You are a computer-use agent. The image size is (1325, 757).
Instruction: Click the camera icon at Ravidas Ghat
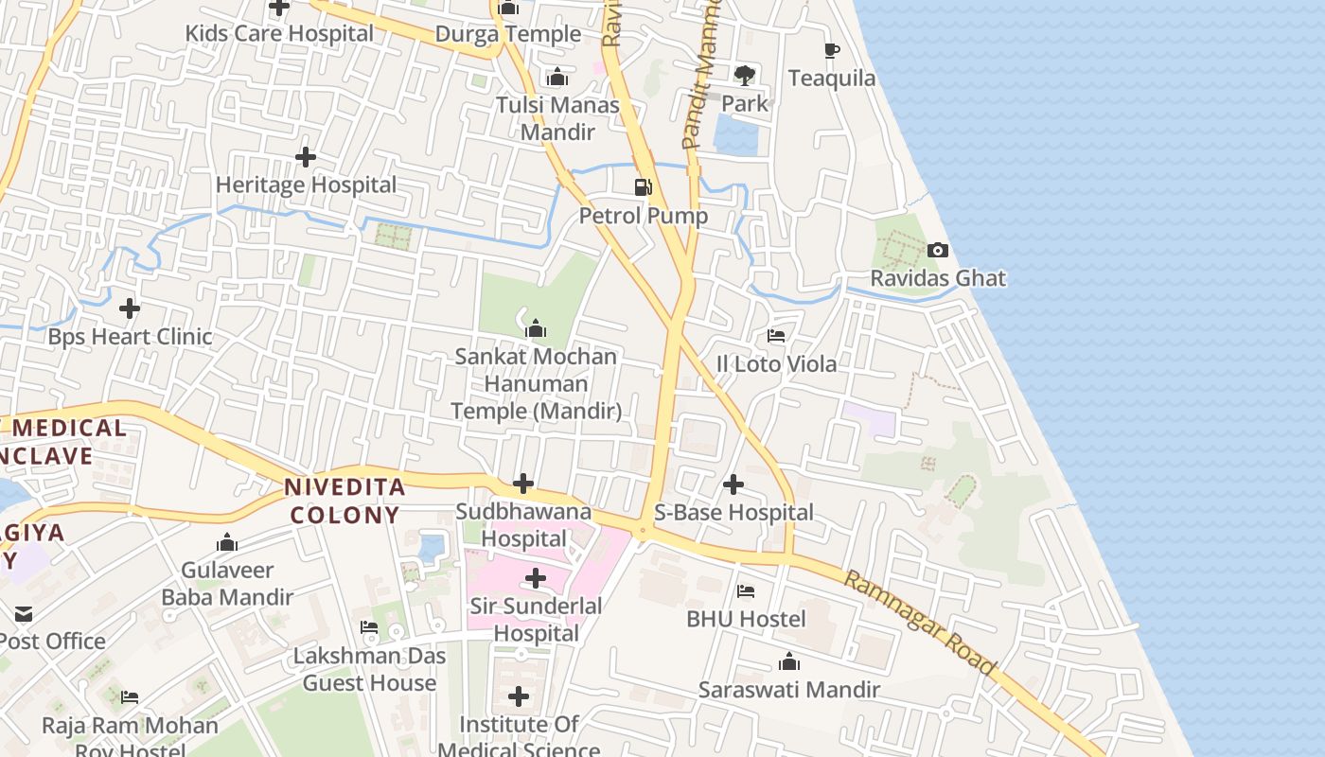938,251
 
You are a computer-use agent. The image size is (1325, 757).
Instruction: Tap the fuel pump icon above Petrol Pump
644,187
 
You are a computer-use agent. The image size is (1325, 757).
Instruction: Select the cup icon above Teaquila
831,50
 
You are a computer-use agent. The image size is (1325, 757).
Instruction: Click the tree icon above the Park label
745,75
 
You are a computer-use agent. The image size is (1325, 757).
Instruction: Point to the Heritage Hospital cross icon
306,157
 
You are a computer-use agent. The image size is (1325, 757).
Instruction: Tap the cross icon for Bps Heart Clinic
130,308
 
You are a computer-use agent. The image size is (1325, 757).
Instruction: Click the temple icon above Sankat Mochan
536,328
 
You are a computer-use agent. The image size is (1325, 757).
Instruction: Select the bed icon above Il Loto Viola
776,336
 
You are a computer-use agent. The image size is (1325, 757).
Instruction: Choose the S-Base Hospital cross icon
733,484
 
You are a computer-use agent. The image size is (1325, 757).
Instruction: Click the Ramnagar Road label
920,622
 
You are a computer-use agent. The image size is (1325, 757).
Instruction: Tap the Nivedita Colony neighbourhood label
345,502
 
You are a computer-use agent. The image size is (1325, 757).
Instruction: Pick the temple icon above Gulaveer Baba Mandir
227,542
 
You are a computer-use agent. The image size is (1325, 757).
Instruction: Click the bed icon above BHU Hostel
746,591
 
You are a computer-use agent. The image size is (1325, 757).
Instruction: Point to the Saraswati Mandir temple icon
788,662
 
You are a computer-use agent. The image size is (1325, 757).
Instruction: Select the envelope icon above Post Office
24,614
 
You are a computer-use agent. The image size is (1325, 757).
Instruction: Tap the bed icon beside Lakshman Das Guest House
369,627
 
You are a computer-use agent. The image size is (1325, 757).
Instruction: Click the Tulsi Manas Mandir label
558,118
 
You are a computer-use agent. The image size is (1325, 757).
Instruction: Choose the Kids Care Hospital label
279,33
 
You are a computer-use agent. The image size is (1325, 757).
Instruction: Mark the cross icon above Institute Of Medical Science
519,697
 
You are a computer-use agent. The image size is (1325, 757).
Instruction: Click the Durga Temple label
508,34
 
